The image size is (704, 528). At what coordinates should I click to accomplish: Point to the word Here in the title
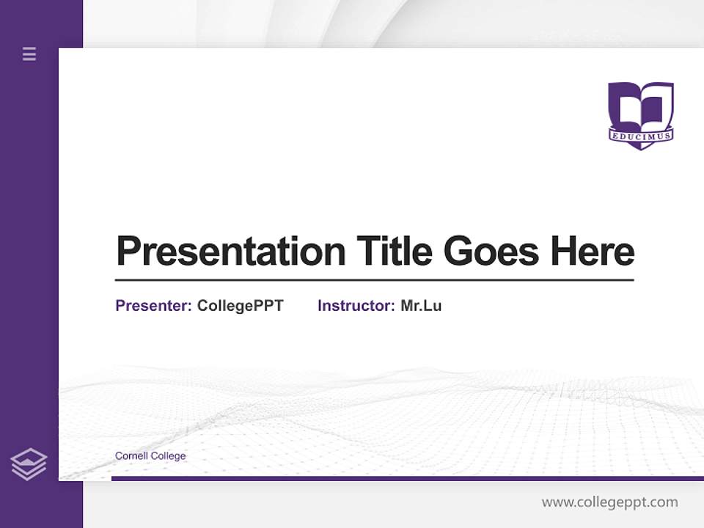tap(593, 252)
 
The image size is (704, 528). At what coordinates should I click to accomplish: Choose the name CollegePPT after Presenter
tap(240, 306)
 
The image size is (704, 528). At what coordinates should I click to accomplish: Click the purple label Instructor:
tap(356, 306)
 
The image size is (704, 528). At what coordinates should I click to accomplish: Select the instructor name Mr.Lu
tap(421, 306)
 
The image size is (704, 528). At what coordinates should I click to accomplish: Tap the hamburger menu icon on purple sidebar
tap(29, 54)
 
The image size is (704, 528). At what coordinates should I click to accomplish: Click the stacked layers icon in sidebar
tap(29, 464)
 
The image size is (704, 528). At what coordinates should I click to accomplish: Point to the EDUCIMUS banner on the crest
tap(641, 136)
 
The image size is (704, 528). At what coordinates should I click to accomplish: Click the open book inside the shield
tap(641, 106)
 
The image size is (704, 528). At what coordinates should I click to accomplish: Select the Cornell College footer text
tap(150, 456)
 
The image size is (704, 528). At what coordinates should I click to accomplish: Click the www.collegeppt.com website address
tap(609, 502)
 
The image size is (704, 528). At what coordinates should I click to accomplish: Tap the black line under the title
tap(374, 279)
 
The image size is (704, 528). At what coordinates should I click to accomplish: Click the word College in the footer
tap(169, 456)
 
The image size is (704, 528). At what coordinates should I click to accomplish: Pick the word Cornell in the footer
tap(131, 456)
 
